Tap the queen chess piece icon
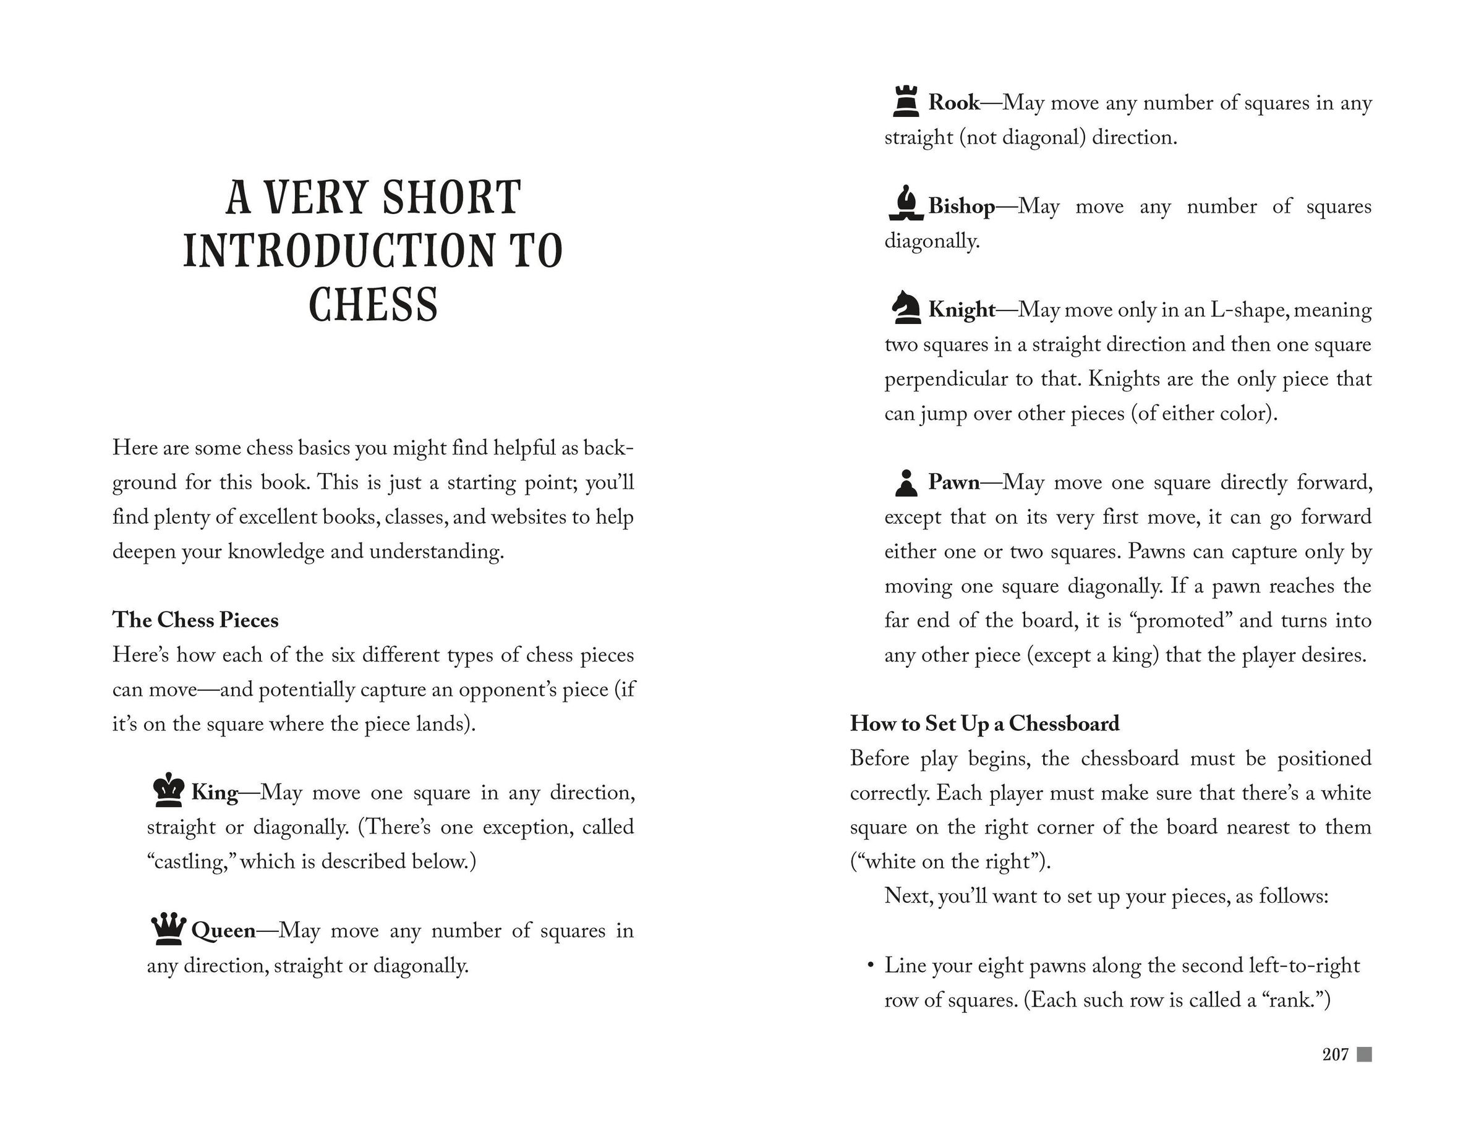168,929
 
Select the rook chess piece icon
905,101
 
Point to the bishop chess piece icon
906,204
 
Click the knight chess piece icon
906,308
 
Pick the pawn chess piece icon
905,482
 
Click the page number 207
1335,1054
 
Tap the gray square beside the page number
1364,1054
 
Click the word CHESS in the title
373,304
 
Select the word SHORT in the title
451,197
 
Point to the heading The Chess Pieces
195,620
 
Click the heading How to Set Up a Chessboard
984,723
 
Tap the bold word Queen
224,930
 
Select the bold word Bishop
962,205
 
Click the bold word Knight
962,309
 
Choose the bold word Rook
953,103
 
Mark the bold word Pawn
953,482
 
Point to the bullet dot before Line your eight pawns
870,965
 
